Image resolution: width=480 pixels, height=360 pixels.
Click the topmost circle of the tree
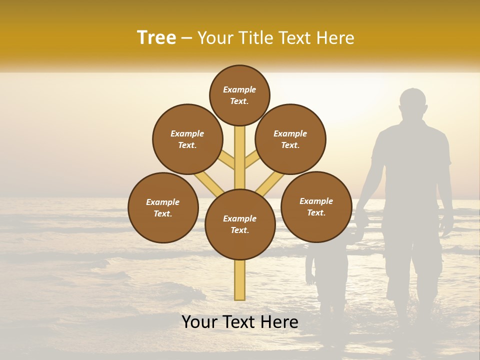tap(239, 95)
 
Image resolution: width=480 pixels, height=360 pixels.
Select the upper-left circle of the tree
tap(187, 139)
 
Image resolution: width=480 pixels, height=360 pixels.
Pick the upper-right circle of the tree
tap(290, 139)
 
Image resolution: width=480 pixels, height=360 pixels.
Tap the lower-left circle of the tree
tap(163, 207)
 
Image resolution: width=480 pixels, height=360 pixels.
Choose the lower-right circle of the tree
tap(316, 206)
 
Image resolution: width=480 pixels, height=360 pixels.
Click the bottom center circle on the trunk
tap(240, 224)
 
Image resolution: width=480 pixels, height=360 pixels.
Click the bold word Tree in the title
tap(156, 38)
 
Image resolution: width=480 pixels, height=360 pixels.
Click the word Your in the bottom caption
tap(199, 322)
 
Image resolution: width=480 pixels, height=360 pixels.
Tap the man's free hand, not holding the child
tap(446, 227)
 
